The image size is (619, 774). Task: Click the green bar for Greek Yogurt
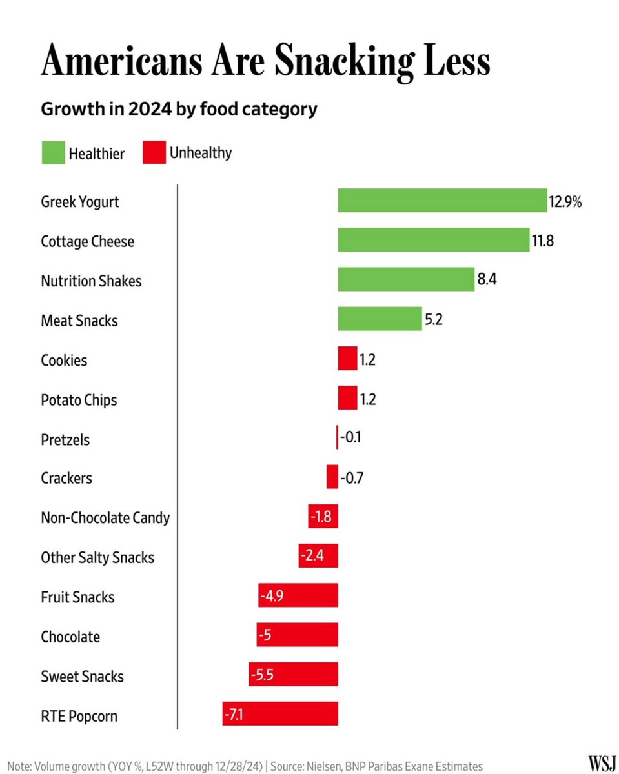442,201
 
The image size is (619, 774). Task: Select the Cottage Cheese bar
433,241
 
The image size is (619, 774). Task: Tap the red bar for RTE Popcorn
280,714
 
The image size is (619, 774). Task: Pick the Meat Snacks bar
380,319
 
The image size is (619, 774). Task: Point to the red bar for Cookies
347,359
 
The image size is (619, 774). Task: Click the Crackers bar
332,477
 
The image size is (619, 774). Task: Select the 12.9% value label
565,202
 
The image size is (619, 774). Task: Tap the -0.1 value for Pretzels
350,439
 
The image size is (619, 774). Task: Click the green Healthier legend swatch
53,154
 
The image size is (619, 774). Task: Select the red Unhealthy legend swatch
154,154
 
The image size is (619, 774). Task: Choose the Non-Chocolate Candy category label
105,518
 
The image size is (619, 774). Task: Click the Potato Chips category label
79,400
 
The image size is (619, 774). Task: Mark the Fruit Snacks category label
77,597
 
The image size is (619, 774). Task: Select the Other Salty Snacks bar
318,556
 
